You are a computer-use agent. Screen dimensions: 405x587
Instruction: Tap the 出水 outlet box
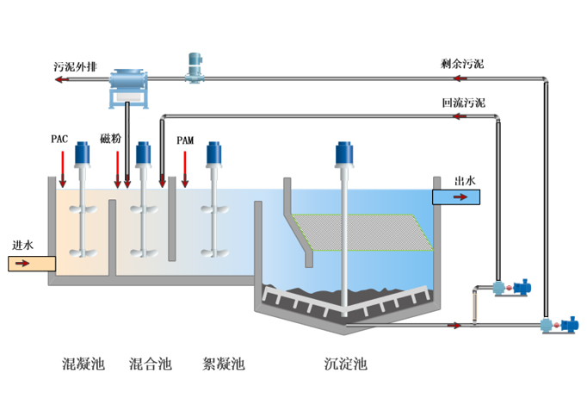pos(456,196)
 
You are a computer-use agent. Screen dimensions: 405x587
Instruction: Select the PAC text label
pos(59,139)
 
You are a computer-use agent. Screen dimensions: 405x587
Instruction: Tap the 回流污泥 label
pos(463,103)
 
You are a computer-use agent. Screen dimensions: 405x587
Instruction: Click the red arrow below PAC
pos(62,168)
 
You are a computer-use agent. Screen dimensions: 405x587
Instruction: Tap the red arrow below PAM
pos(185,168)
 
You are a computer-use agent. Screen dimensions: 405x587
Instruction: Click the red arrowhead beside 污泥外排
pos(58,79)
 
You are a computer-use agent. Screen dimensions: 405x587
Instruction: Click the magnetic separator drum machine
pos(130,84)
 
